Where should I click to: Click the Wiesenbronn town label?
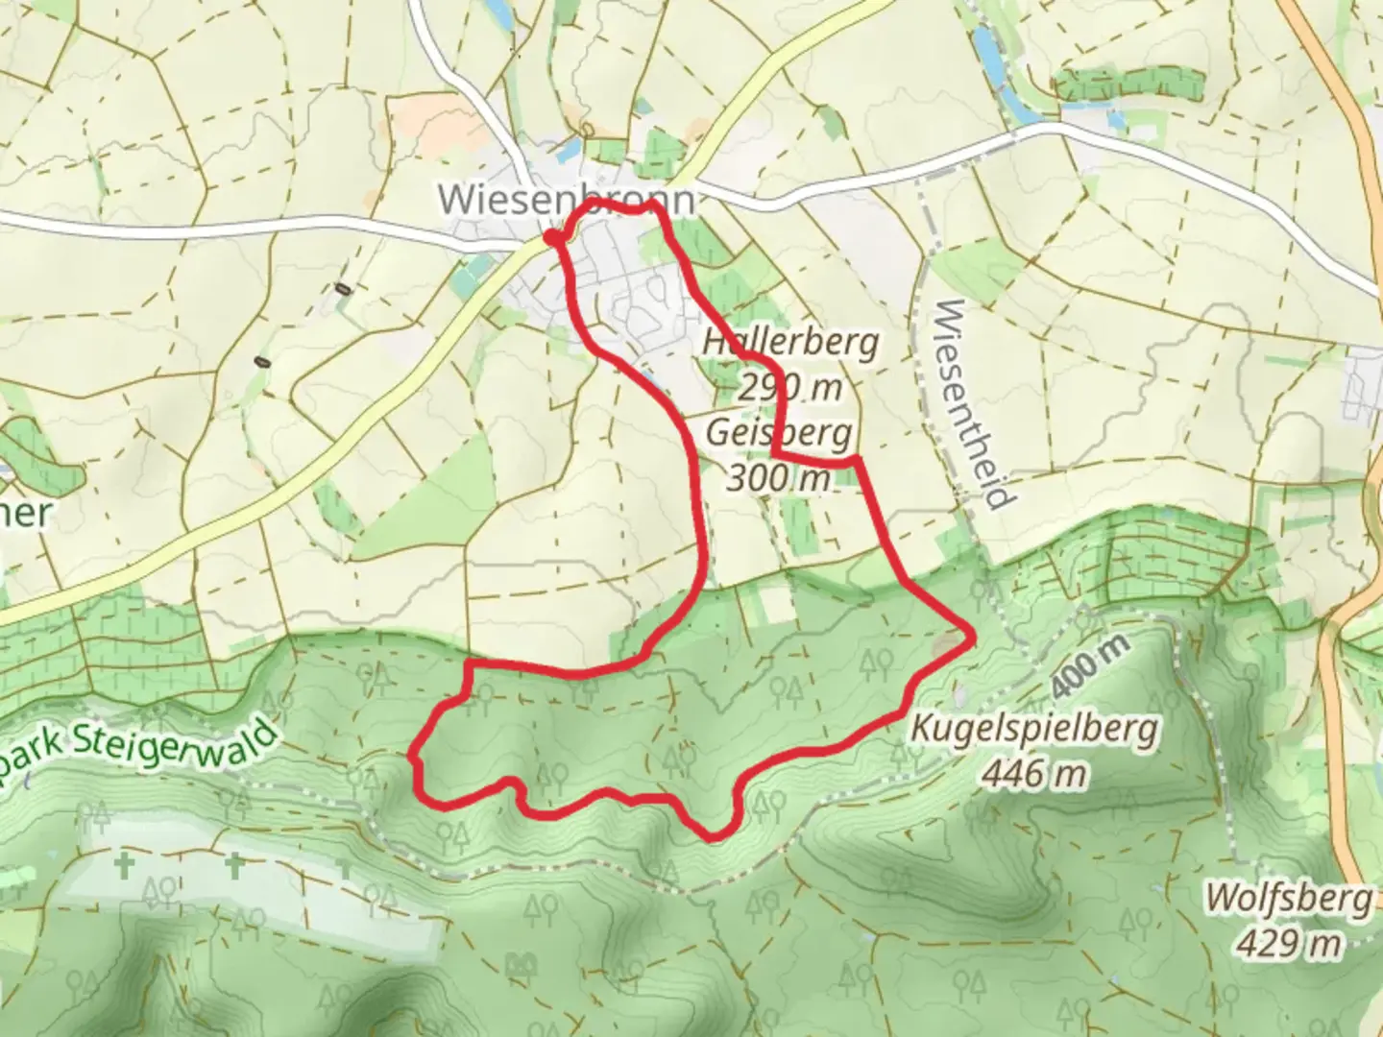566,201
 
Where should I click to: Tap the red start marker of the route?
550,236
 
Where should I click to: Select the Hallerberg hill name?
789,342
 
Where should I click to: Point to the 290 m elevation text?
789,387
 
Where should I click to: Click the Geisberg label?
778,433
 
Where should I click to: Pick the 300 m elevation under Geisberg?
778,477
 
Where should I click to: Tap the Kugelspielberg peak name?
1033,729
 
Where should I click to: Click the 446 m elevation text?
1033,773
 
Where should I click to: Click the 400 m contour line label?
1088,668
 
